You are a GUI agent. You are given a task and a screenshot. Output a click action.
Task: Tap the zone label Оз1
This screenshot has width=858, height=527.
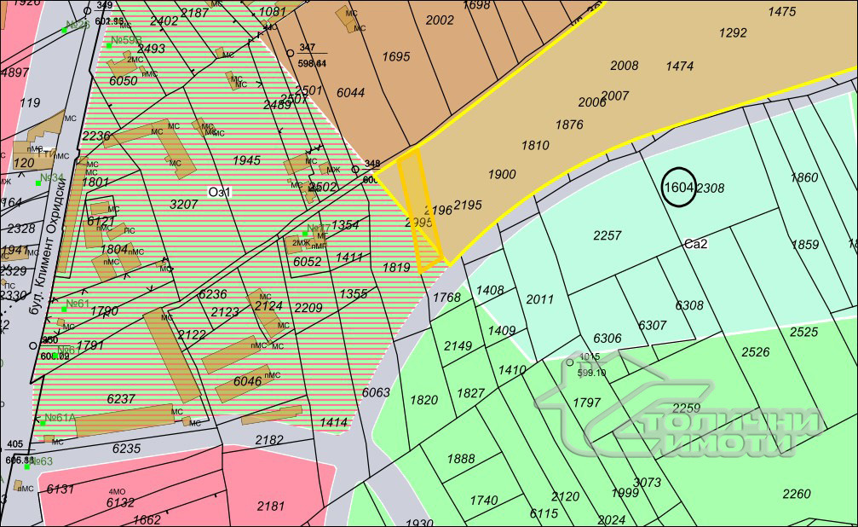pos(220,192)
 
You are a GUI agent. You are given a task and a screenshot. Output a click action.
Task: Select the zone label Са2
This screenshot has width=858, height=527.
pos(696,244)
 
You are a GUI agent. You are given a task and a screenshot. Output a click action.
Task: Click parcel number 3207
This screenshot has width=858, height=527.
pos(184,205)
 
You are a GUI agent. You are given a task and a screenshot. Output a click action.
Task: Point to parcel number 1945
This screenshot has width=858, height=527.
pos(246,160)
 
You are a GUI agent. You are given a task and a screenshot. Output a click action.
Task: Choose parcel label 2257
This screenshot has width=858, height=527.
pos(608,235)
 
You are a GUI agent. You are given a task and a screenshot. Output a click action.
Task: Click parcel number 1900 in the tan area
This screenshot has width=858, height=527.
pos(502,174)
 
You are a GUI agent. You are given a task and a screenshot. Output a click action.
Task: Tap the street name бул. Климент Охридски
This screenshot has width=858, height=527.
pos(48,255)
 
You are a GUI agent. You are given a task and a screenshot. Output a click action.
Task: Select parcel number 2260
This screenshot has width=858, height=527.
pos(797,493)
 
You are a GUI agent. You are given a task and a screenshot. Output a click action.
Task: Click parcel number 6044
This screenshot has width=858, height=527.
pos(350,92)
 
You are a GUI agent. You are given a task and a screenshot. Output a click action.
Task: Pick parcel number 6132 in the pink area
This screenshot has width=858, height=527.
pos(120,503)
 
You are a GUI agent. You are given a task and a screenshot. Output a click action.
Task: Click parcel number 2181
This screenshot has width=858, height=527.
pos(271,506)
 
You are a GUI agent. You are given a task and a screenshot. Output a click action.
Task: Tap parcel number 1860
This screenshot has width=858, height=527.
pos(803,177)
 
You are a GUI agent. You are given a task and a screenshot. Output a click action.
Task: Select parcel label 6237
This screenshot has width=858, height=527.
pos(121,398)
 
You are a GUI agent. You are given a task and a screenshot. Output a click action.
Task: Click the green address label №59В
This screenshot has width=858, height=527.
pos(125,40)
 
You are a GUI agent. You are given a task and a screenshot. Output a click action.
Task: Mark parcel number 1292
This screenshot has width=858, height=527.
pos(733,33)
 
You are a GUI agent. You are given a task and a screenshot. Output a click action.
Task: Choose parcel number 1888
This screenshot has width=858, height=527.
pos(460,459)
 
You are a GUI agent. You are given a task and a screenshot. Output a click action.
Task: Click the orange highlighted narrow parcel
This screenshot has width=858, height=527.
pos(423,209)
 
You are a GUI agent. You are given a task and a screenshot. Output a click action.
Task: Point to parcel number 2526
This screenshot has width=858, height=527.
pos(755,351)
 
